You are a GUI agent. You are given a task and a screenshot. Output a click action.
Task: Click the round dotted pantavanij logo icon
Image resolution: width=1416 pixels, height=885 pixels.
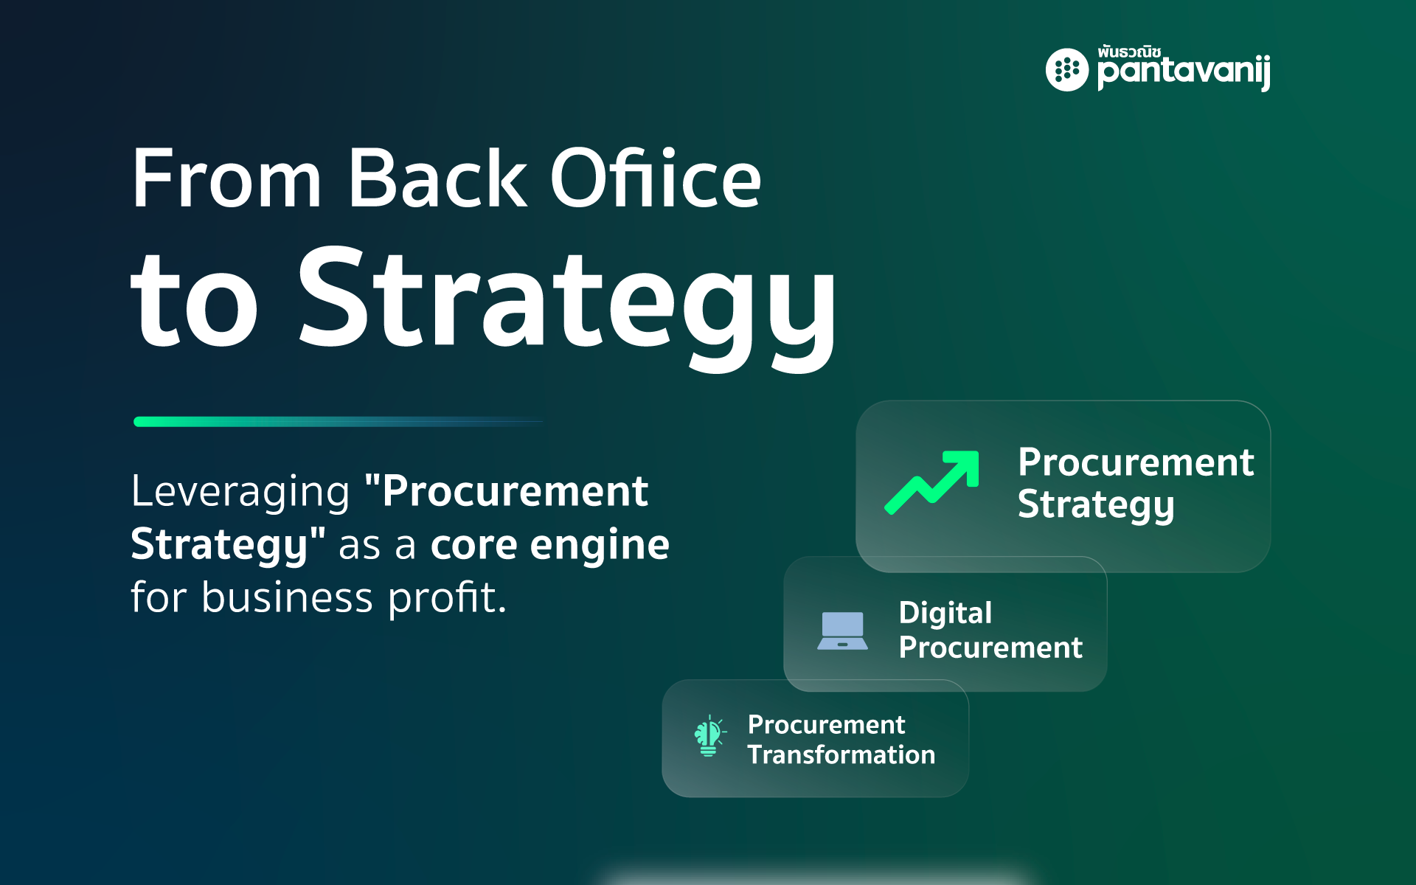tap(1066, 70)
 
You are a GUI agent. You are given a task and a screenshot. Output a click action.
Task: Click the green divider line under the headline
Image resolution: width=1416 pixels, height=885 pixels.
tap(339, 422)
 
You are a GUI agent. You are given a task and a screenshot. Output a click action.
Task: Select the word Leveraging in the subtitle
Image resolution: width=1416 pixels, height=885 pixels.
tap(240, 492)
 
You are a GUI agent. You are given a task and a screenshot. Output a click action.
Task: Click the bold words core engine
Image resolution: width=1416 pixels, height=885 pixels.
tap(549, 545)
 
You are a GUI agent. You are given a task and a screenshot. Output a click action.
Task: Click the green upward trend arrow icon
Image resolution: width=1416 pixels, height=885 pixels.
tap(931, 482)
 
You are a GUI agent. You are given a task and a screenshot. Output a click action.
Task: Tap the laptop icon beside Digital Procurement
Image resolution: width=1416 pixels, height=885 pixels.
tap(842, 631)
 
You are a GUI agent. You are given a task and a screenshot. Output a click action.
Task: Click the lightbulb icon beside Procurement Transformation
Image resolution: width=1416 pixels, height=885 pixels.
tap(709, 736)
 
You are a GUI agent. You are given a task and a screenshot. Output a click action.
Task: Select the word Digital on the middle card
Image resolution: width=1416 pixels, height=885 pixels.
tap(945, 614)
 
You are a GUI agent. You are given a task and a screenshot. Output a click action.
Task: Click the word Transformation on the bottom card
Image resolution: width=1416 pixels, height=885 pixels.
tap(841, 754)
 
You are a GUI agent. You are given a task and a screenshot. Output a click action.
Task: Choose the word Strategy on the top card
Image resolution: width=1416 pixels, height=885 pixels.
tap(1096, 505)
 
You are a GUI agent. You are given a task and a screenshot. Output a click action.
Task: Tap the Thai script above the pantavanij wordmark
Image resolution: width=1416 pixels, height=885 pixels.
tap(1129, 52)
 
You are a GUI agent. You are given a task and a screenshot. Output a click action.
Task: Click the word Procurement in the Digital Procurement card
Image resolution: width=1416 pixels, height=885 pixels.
tap(990, 648)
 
